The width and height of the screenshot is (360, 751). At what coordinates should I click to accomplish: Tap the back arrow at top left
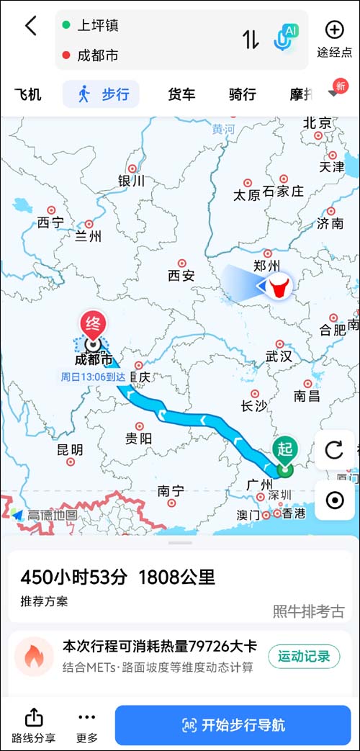[x=30, y=27]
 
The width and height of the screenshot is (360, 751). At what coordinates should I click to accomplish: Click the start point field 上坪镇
[x=99, y=25]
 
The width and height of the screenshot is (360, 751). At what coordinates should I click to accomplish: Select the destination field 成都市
[x=99, y=55]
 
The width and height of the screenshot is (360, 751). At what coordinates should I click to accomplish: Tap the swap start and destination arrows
[x=250, y=40]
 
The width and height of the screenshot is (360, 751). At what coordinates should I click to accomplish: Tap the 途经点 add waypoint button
[x=334, y=38]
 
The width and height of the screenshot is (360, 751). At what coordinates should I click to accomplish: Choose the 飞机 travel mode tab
[x=28, y=94]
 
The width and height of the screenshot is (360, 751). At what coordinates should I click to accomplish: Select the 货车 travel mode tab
[x=181, y=94]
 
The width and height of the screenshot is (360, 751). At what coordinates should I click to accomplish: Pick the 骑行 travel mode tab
[x=243, y=94]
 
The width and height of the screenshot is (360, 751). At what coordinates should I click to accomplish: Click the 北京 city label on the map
[x=317, y=123]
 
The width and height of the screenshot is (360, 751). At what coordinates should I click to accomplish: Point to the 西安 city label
[x=181, y=275]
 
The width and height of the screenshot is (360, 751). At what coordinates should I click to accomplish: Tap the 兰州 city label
[x=88, y=235]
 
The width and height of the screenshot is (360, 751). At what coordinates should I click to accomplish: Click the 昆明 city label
[x=70, y=449]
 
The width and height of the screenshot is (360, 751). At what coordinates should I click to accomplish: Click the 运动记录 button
[x=303, y=656]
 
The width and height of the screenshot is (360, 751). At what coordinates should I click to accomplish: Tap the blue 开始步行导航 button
[x=233, y=724]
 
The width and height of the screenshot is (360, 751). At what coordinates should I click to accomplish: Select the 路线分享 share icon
[x=34, y=724]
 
